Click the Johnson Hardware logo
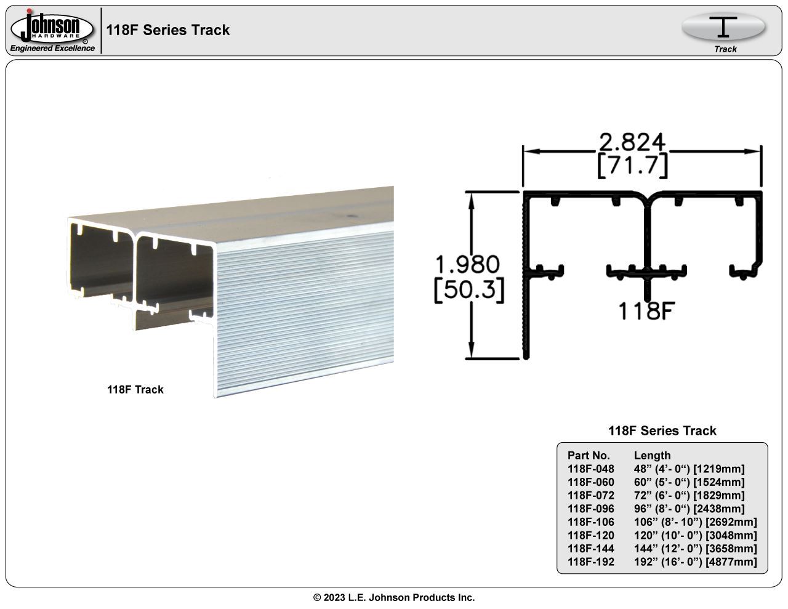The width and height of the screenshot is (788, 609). point(52,27)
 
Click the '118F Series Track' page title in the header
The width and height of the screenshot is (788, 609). point(167,30)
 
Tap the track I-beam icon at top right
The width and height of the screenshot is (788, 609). point(723,27)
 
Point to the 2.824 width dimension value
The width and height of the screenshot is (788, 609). point(632,142)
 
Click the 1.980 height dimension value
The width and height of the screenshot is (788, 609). point(467,265)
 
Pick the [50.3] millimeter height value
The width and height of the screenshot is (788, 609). point(469,290)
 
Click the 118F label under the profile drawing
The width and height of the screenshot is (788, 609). point(644,312)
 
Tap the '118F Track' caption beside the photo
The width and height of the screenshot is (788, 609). point(135,389)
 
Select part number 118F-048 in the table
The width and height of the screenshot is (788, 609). point(590,469)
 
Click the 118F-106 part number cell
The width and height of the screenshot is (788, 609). point(590,522)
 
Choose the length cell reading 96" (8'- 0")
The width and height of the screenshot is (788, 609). point(689,509)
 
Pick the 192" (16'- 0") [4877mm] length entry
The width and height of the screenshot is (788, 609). point(695,562)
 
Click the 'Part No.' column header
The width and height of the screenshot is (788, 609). point(589,456)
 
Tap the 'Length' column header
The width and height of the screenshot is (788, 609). point(652,456)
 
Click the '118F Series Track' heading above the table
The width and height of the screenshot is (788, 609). point(662,431)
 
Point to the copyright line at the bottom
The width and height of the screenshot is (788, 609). point(394,597)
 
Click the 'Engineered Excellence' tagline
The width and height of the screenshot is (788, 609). point(52,49)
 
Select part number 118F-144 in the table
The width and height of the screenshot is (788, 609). point(590,549)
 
